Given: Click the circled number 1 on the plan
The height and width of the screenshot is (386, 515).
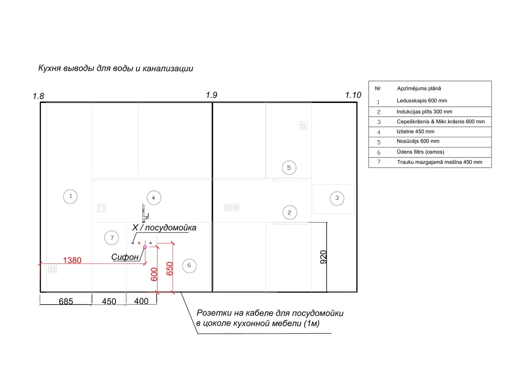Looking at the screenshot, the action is pos(70,196).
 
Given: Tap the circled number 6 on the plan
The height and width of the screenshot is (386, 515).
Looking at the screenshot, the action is pos(189,265).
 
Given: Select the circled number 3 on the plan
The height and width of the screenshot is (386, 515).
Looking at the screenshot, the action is pos(337,198).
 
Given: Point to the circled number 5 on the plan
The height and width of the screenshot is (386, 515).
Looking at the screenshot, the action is pos(289,168).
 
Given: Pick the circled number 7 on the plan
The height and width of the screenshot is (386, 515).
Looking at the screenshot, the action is pos(112,238).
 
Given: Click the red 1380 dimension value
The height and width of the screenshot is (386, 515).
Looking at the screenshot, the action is pos(72,260).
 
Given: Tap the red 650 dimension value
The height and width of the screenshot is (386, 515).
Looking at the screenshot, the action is pos(170,268).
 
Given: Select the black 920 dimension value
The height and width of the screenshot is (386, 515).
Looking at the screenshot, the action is pos(323,257).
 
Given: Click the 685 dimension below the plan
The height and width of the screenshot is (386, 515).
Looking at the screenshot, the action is pos(66,301).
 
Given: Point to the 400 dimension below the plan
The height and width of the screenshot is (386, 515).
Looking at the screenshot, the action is pos(141,301).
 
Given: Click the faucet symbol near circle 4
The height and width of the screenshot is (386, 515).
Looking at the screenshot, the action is pos(145,213).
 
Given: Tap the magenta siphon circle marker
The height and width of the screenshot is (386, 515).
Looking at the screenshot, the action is pos(145,247).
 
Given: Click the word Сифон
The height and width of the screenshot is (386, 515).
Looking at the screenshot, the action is pos(124,257).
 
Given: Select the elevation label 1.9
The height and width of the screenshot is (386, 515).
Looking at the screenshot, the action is pos(211,95).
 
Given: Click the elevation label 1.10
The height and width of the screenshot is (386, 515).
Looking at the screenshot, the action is pos(353,95).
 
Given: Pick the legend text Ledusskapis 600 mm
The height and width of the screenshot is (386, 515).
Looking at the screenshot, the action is pos(421,100).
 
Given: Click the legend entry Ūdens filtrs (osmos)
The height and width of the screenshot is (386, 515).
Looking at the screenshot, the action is pos(420,152).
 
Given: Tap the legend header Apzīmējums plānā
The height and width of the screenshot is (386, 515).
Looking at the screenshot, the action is pos(419,88).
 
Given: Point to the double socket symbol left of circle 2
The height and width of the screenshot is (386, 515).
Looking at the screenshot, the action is pos(232,208).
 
